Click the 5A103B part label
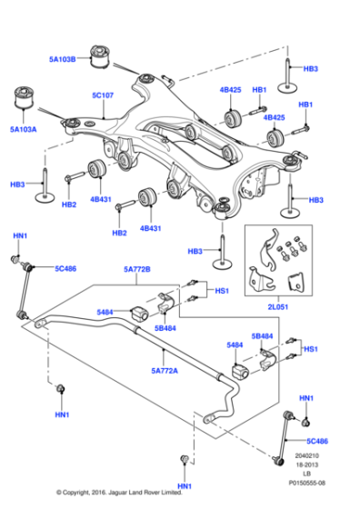(x=64, y=60)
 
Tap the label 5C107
(x=102, y=94)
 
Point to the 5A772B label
(x=138, y=269)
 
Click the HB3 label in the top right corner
(x=310, y=68)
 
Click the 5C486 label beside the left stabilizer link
(x=65, y=269)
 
